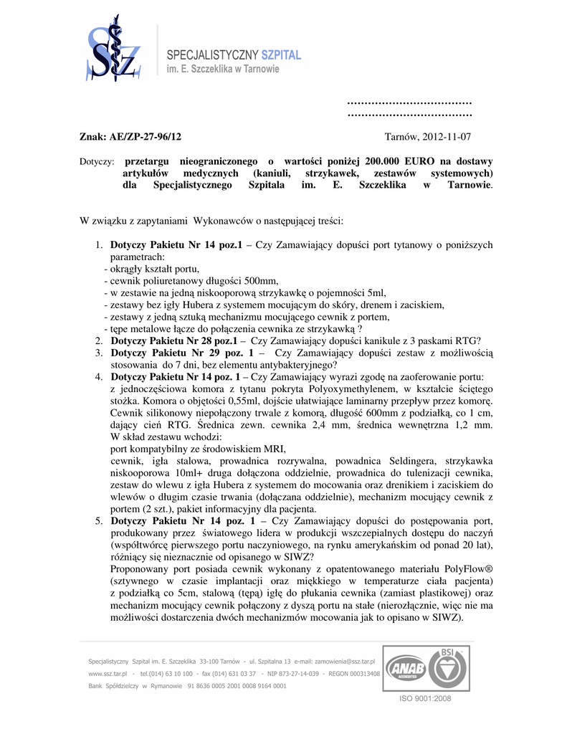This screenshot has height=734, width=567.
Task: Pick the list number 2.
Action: click(98, 340)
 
